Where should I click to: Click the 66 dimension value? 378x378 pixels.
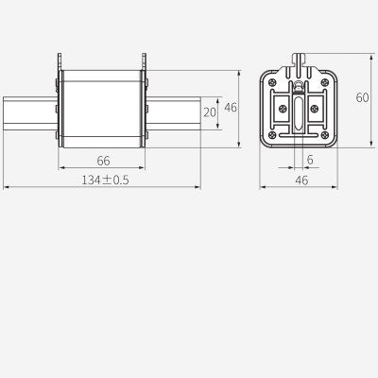tap(103, 161)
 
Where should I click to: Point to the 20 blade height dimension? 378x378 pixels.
tap(209, 112)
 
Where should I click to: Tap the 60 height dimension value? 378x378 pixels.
tap(363, 97)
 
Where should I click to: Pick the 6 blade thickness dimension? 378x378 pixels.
tap(310, 161)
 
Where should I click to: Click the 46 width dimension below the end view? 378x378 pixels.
tap(301, 180)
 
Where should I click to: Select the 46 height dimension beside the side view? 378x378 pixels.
tap(231, 108)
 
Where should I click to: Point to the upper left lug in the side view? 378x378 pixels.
tap(60, 61)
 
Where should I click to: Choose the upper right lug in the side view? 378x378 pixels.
tap(145, 61)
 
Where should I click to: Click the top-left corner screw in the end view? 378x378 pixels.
tap(273, 83)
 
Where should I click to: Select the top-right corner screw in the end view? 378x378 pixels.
tap(329, 83)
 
